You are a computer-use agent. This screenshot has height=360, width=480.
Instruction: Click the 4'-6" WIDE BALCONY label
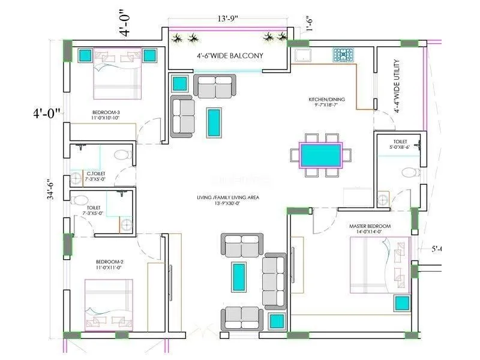(230, 56)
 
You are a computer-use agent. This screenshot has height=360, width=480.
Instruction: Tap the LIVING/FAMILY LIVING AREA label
(228, 200)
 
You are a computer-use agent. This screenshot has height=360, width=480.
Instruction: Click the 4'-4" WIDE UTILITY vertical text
(397, 86)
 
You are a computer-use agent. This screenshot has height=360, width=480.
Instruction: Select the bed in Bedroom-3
(117, 73)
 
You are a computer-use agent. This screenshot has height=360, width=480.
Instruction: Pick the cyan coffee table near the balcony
(214, 122)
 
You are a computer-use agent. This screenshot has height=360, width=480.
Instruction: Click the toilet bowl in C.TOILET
(123, 155)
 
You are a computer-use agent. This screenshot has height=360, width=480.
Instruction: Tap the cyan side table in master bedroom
(401, 303)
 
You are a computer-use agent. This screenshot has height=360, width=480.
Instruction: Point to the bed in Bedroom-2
(108, 305)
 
